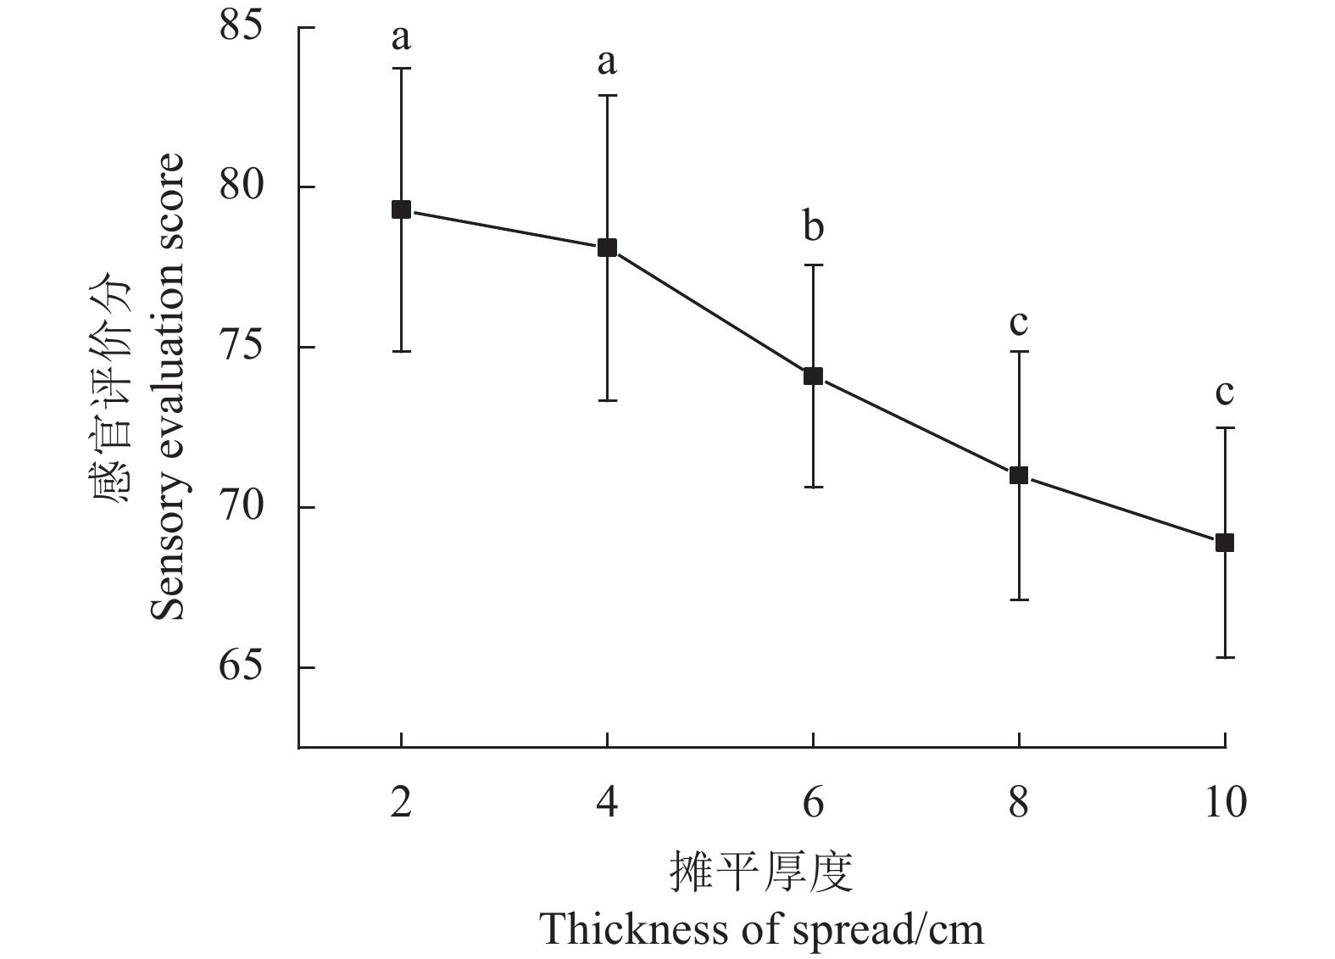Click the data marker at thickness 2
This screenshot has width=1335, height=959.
401,209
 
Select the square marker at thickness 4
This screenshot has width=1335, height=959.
607,248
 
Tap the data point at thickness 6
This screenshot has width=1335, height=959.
813,376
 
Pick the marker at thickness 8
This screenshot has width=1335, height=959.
1019,475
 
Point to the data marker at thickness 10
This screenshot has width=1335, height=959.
1225,543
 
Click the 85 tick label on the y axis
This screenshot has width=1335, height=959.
242,27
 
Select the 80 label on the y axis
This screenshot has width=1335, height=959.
242,187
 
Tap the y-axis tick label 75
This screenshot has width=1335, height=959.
242,348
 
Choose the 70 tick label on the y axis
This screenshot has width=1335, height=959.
242,508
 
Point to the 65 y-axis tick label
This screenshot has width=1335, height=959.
242,668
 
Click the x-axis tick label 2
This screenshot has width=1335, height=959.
401,802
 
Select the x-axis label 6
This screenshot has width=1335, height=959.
813,802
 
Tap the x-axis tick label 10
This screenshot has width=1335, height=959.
1225,802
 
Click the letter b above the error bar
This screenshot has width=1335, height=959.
813,226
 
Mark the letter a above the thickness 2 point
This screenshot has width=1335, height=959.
401,37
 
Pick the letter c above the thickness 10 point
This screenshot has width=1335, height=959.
1225,393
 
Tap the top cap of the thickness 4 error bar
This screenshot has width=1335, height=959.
607,96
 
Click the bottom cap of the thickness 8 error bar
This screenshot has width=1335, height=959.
1019,599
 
